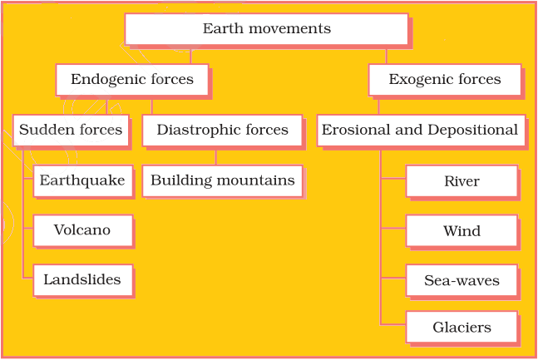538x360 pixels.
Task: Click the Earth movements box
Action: (x=266, y=29)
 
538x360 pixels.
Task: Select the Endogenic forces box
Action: (x=131, y=80)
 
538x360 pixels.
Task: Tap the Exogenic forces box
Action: (x=444, y=80)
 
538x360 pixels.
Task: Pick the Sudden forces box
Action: (x=71, y=131)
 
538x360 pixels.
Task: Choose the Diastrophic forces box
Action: (x=222, y=131)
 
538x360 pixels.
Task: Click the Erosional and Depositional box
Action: (x=420, y=131)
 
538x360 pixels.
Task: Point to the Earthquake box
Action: (x=82, y=180)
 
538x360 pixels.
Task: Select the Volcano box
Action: (x=82, y=230)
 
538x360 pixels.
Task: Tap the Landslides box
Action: (x=82, y=280)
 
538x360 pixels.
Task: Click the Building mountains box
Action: (x=222, y=180)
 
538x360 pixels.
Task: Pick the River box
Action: (x=461, y=181)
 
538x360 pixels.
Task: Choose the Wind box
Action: (x=461, y=231)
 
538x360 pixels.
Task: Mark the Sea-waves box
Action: (x=461, y=281)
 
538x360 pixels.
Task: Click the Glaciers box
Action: (x=461, y=328)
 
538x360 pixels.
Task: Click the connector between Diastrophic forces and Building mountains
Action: (x=216, y=156)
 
